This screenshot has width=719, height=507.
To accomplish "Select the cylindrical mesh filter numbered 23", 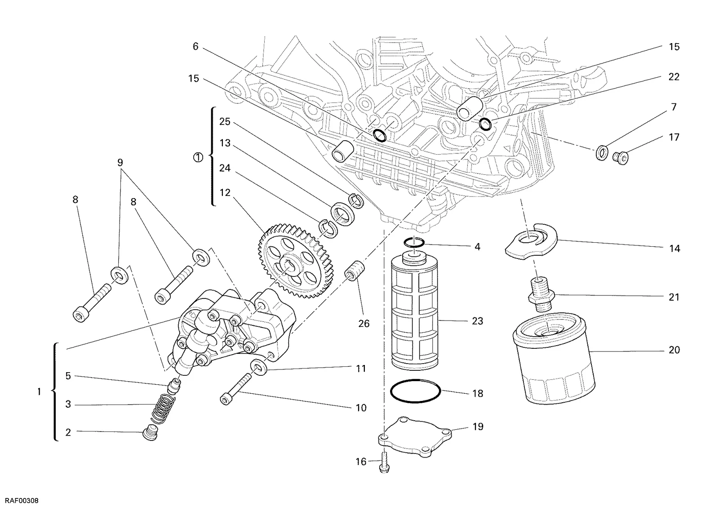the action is coord(415,312).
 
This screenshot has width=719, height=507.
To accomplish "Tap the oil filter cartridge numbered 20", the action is coord(553,358).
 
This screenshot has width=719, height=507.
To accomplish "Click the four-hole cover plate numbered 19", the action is coord(415,437).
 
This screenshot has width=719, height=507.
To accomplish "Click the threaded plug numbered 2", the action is coord(150,433).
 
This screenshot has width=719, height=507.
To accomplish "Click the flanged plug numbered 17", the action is coord(620,158).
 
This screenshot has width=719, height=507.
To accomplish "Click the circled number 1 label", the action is coord(198,158).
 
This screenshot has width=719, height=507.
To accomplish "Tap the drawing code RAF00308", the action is coord(22,501).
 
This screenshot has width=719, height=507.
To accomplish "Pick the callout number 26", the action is coord(364,323).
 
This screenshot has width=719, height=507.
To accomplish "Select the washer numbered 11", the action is coord(259,368).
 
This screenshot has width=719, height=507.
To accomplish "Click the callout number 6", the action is coord(195,47).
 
